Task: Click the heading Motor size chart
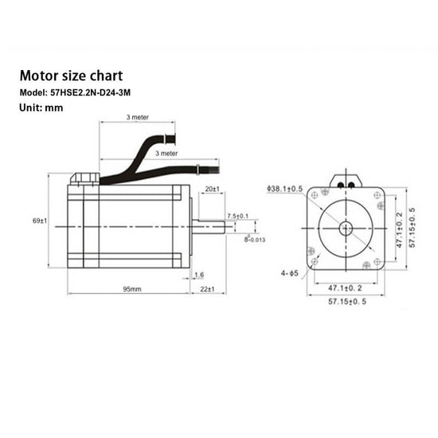(x=71, y=77)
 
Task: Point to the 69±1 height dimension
(x=41, y=220)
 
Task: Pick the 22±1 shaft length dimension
(x=207, y=289)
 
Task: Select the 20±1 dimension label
(x=212, y=189)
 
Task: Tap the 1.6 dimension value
(x=198, y=275)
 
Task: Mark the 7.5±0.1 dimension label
(x=237, y=216)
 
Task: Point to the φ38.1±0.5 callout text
(x=284, y=190)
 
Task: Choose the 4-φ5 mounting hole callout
(x=288, y=275)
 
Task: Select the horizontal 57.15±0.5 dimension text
(x=346, y=303)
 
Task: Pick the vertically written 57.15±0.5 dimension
(x=412, y=227)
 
